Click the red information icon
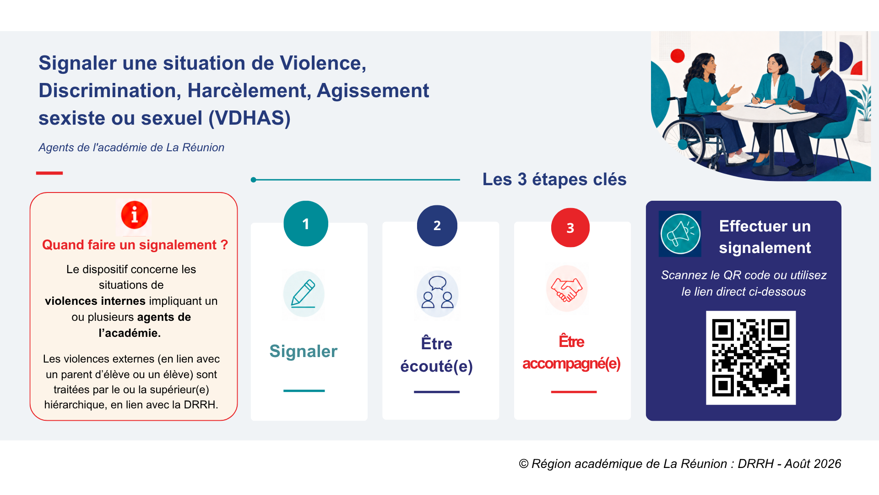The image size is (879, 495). [x=134, y=215]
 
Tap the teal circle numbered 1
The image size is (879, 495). [x=306, y=224]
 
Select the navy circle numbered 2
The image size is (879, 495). [x=437, y=225]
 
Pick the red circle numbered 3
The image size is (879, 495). [x=570, y=228]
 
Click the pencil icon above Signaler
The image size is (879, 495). [x=304, y=294]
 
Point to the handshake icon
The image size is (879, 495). [x=567, y=289]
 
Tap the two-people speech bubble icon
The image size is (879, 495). [x=438, y=293]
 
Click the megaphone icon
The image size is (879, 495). [x=680, y=234]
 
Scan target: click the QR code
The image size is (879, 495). [x=751, y=358]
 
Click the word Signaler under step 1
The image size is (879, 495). [x=304, y=351]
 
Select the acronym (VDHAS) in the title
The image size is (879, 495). [x=250, y=118]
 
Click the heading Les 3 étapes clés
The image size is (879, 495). [x=554, y=179]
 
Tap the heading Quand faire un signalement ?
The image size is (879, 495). [x=135, y=245]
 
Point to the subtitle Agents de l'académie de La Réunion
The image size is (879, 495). [x=131, y=148]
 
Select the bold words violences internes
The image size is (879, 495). [x=95, y=301]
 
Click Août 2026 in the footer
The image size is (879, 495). [x=813, y=464]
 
